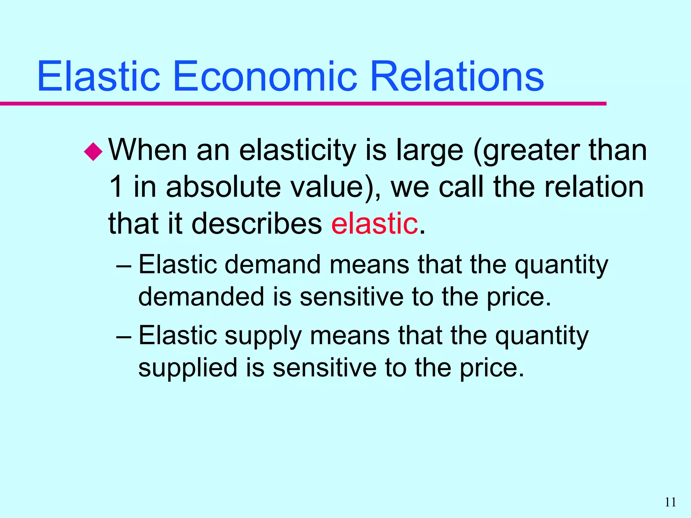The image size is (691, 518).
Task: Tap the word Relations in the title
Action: point(457,77)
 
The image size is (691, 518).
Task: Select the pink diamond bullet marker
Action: point(93,152)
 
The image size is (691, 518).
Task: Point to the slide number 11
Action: point(670,502)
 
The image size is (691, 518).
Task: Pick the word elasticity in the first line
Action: point(298,150)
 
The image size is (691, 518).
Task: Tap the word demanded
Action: point(201,297)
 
